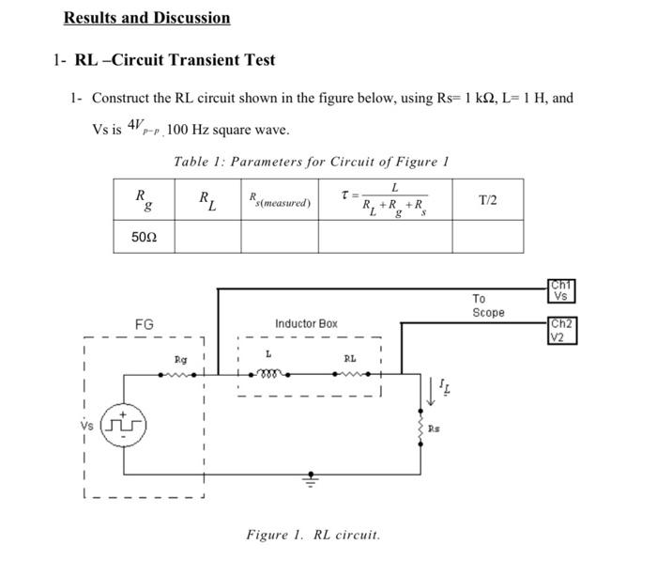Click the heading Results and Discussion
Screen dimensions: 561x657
pos(146,18)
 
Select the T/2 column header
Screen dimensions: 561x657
pos(487,200)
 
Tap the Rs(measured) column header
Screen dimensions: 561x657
pos(280,200)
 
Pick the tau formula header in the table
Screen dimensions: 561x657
pos(386,200)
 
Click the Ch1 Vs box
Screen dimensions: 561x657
pos(560,291)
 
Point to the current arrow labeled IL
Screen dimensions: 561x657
pos(438,388)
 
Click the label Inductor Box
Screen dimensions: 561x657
pos(306,323)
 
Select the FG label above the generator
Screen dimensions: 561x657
pos(144,324)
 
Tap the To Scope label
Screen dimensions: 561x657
pos(487,305)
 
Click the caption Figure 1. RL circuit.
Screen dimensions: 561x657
pos(313,535)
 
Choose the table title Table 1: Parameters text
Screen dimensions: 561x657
pos(311,162)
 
